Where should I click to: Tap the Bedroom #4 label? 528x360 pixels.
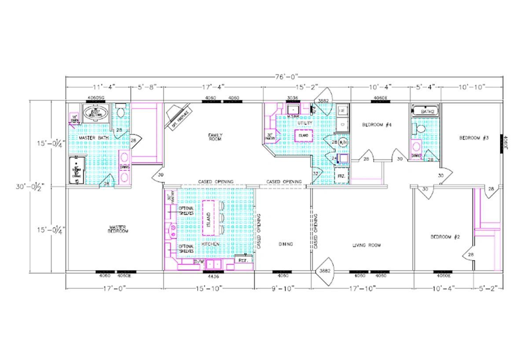pos(377,125)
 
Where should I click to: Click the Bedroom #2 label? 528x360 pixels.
pos(445,237)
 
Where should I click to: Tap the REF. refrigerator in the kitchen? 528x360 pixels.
pos(243,260)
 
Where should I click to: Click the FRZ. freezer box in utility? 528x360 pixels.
pos(341,175)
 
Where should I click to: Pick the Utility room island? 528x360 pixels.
pos(304,136)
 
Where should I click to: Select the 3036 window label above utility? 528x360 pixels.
pos(293,98)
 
